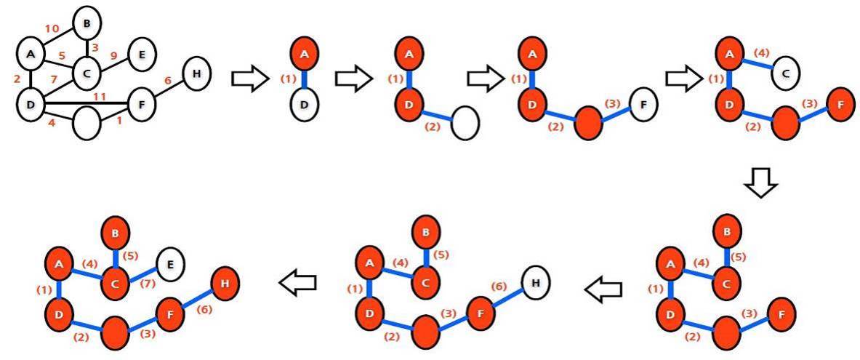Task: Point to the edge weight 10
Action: [x=52, y=29]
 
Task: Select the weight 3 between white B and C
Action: [x=94, y=48]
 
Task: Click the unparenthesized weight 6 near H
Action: [x=168, y=81]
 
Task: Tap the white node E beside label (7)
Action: [x=169, y=263]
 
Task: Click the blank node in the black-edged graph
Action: [x=87, y=124]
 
